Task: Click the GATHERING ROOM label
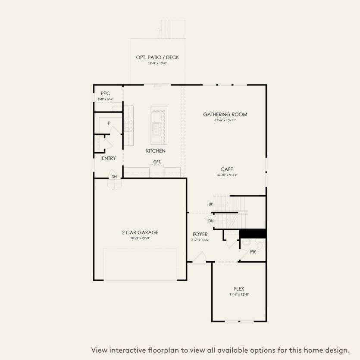click(225, 114)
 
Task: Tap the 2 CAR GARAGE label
click(140, 232)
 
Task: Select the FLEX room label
click(239, 288)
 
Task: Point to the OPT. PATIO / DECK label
click(157, 57)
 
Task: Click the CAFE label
click(227, 169)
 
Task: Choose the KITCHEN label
click(156, 151)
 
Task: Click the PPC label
click(105, 93)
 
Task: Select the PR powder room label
click(253, 251)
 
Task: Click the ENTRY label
click(109, 158)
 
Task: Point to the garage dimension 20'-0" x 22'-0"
click(140, 238)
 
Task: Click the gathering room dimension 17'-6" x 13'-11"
click(225, 120)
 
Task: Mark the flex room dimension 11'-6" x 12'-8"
click(239, 294)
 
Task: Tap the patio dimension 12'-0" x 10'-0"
click(157, 63)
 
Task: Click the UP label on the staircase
click(211, 204)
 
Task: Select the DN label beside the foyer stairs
click(211, 221)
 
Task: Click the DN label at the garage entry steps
click(114, 177)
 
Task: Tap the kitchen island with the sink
click(159, 126)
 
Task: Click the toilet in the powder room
click(245, 244)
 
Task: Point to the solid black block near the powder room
click(253, 233)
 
